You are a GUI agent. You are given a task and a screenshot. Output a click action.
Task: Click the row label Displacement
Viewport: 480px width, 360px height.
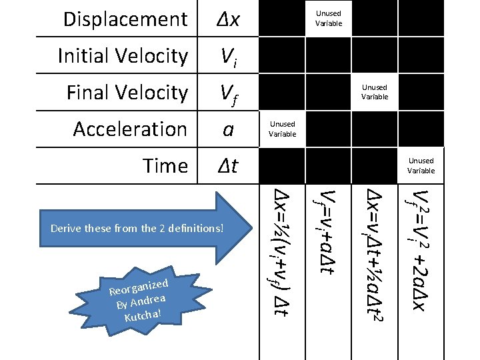click(125, 19)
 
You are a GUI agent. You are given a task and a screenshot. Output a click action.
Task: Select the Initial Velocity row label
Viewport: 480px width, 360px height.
click(123, 56)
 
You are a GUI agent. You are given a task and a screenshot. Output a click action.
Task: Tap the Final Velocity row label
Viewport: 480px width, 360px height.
click(127, 93)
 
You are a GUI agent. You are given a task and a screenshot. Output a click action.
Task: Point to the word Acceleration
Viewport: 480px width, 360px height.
click(130, 129)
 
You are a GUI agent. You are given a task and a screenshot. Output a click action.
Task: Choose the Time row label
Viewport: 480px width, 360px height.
click(165, 165)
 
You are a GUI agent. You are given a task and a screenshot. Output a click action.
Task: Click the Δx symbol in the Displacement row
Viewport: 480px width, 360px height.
click(228, 19)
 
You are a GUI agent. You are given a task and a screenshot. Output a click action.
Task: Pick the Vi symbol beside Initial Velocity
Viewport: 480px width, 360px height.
click(228, 57)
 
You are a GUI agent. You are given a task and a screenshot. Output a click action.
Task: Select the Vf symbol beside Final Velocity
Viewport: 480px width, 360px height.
click(228, 93)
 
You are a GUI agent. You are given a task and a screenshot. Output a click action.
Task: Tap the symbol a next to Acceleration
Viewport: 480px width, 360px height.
click(228, 129)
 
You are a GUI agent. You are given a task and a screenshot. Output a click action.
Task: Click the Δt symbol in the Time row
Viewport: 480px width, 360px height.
click(228, 165)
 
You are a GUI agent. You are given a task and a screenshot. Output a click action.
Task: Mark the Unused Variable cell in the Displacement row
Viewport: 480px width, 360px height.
click(328, 18)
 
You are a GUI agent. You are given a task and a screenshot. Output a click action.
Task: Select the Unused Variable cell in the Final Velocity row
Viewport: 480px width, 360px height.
click(375, 92)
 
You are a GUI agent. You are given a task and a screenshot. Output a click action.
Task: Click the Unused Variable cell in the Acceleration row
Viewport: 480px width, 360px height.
click(282, 129)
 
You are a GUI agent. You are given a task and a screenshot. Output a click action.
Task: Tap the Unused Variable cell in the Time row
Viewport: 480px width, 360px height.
click(421, 165)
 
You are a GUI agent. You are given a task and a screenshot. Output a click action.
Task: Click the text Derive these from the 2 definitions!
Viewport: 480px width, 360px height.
click(137, 228)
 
